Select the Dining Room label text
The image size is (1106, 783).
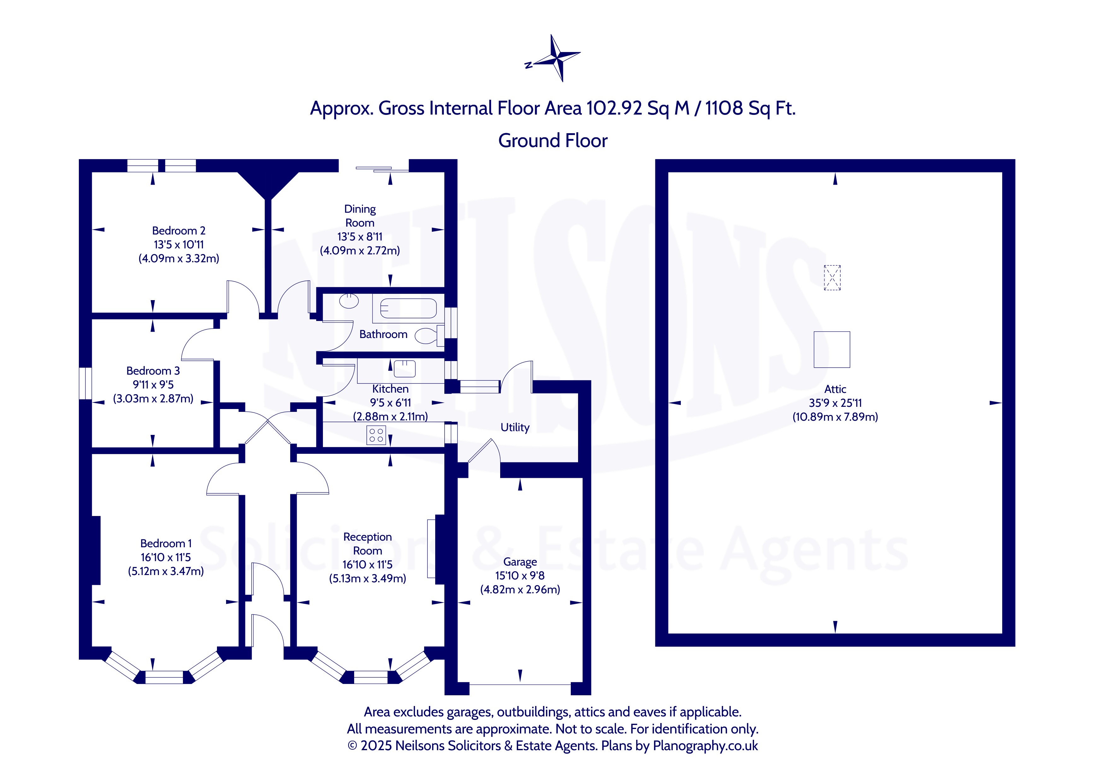click(x=360, y=216)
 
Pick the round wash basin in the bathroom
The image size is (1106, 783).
click(x=349, y=301)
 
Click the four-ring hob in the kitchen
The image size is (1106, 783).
click(x=376, y=435)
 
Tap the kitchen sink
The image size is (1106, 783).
click(x=405, y=369)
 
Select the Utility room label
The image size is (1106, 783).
click(x=515, y=427)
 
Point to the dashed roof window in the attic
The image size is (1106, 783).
click(x=832, y=278)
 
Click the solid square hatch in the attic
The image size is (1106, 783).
click(x=832, y=350)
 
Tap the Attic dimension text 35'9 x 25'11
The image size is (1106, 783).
click(x=835, y=403)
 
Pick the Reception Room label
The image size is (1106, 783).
click(x=367, y=543)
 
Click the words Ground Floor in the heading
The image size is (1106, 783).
click(x=553, y=141)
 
